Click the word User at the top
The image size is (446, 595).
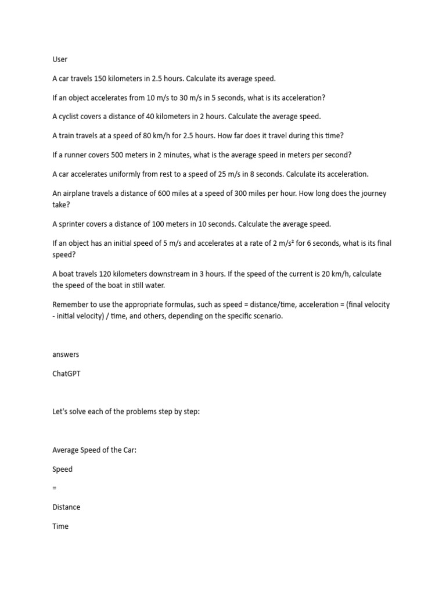point(60,59)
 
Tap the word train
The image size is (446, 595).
point(67,135)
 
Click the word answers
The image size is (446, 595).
point(66,354)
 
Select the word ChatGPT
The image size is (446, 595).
point(66,374)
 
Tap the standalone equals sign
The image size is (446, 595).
point(55,488)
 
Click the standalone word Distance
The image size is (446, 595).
point(66,507)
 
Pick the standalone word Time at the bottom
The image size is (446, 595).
point(60,526)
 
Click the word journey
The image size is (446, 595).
point(373,193)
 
